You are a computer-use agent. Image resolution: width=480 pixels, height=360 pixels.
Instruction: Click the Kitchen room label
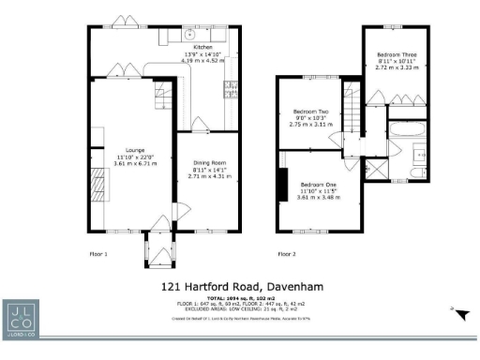(202, 46)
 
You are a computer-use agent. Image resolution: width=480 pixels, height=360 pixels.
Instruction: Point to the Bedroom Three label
(394, 55)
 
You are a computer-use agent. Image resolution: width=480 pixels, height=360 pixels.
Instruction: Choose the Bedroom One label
(318, 183)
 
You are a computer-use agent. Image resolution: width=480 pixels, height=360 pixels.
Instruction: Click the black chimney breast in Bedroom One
(280, 185)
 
